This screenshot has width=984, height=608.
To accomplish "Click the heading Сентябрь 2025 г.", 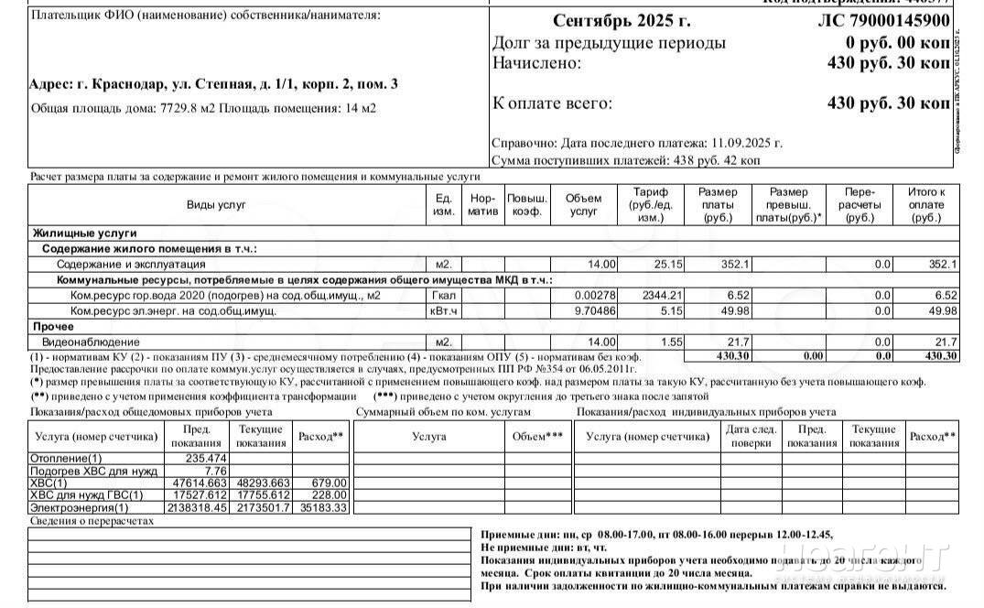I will pyautogui.click(x=622, y=22).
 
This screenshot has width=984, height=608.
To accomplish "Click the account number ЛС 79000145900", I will pyautogui.click(x=882, y=22).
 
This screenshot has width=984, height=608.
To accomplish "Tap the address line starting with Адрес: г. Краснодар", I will pyautogui.click(x=213, y=84).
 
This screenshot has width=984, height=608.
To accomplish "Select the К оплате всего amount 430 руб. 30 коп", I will pyautogui.click(x=888, y=103).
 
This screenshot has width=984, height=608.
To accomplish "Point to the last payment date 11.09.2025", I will pyautogui.click(x=746, y=144).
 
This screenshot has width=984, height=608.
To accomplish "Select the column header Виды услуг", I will pyautogui.click(x=216, y=205).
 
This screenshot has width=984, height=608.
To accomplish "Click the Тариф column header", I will pyautogui.click(x=650, y=205).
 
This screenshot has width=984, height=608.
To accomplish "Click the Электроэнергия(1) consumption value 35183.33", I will pyautogui.click(x=323, y=507).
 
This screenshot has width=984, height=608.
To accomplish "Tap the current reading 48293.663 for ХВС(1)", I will pyautogui.click(x=261, y=483).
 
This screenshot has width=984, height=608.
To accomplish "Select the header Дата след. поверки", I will pyautogui.click(x=751, y=436).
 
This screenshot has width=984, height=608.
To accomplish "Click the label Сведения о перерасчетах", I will pyautogui.click(x=92, y=521).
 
